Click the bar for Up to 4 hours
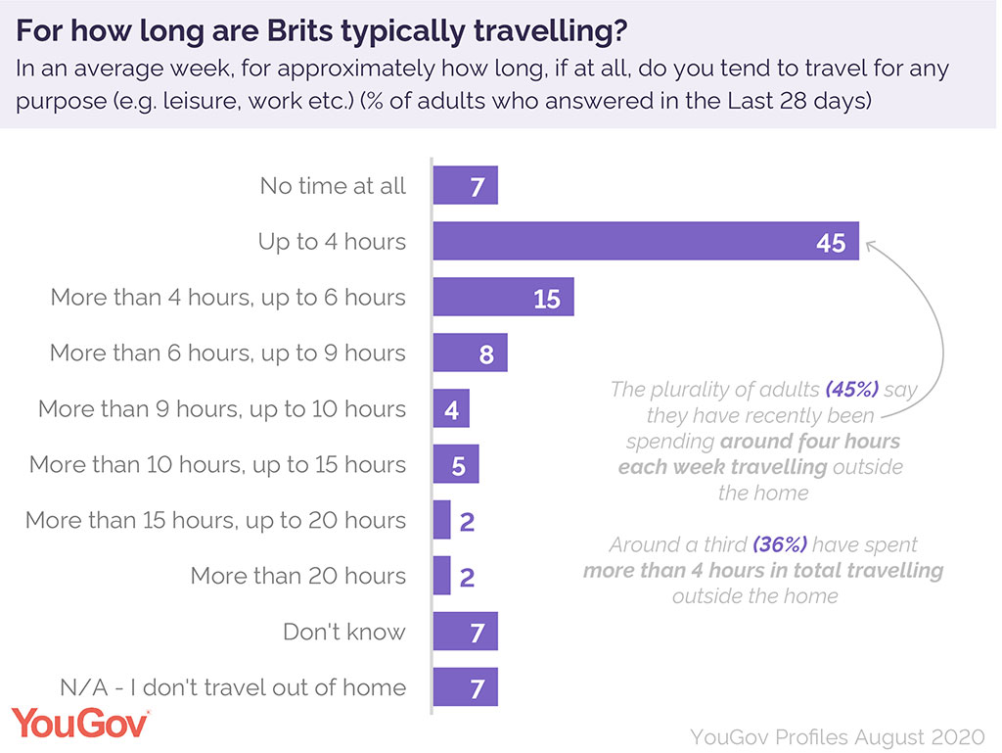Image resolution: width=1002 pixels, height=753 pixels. coord(646,241)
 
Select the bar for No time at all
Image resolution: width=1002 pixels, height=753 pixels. coord(466,185)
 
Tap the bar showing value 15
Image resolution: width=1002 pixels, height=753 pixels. coord(503,297)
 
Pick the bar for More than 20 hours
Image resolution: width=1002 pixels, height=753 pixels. coord(441,576)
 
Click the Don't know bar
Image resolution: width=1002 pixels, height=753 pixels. coord(466,632)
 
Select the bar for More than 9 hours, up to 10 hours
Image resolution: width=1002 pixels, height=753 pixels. coord(451,408)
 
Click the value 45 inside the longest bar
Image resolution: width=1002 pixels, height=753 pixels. coord(831,242)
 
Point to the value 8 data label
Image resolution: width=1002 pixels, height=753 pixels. coord(486,353)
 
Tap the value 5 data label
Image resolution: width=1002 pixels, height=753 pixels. coord(458,465)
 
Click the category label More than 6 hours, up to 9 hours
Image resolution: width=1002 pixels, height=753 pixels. coord(227,353)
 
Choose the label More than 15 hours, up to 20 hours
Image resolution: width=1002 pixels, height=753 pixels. coord(215,520)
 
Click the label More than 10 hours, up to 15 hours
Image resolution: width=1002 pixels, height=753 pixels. coord(217,464)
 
